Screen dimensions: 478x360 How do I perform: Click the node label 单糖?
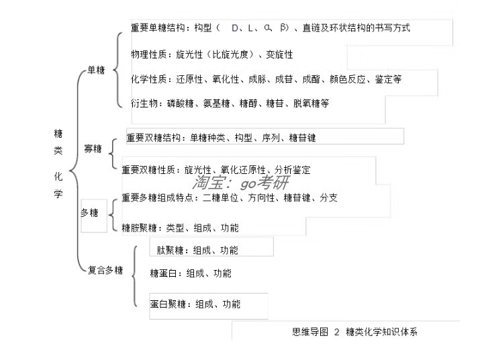(x=96, y=70)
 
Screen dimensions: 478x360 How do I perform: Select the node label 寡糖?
(x=93, y=148)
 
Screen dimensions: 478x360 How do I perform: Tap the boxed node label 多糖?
(x=89, y=212)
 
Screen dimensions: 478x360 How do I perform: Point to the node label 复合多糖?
(x=105, y=270)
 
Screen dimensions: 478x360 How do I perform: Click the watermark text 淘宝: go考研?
(x=240, y=183)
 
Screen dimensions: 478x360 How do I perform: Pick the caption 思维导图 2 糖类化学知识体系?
(x=354, y=332)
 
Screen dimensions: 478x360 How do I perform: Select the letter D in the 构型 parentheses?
(x=235, y=28)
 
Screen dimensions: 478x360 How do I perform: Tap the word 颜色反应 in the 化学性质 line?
(x=348, y=79)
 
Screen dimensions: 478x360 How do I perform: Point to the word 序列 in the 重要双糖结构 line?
(x=271, y=138)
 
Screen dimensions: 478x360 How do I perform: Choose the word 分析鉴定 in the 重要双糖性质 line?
(x=292, y=170)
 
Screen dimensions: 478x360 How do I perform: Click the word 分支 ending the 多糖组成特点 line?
(x=329, y=197)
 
